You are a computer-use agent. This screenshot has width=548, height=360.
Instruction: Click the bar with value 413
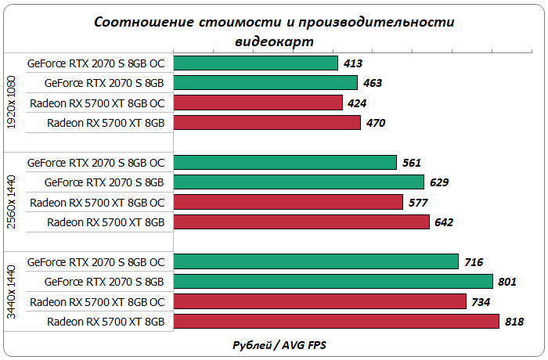pos(255,63)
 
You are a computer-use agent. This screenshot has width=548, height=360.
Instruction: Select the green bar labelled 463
pos(265,82)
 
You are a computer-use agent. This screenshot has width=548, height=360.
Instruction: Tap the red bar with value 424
pos(258,103)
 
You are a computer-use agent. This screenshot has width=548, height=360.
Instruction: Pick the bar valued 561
pos(285,162)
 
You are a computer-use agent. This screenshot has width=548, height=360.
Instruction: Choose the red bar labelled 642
pos(301,221)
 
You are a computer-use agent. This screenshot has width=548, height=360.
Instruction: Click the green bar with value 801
pos(333,281)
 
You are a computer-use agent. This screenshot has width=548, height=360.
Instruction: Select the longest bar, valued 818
pos(336,321)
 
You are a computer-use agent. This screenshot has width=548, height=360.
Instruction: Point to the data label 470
pos(377,123)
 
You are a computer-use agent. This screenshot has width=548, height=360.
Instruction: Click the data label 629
pos(438,182)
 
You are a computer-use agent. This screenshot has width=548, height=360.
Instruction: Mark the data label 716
pos(474,261)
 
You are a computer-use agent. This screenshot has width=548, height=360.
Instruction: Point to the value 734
pos(482,301)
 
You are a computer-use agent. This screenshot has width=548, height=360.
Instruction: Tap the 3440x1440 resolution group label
pos(11,291)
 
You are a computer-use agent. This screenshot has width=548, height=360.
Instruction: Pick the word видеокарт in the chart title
pos(273,39)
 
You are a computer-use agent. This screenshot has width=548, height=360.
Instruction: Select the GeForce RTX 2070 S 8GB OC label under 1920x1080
pos(96,63)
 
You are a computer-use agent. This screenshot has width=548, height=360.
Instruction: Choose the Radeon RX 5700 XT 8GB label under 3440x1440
pos(106,321)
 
